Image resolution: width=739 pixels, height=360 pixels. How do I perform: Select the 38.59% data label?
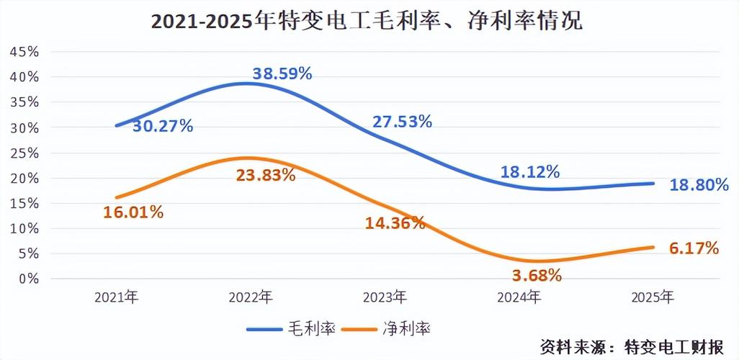(282, 73)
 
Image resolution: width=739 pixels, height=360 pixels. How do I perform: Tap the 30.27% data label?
(163, 127)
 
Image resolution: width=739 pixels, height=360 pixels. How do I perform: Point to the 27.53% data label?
(402, 122)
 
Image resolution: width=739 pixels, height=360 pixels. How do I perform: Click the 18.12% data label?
(529, 172)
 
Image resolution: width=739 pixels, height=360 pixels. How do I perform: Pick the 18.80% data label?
(699, 185)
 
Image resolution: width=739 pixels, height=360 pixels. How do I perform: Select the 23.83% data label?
(265, 175)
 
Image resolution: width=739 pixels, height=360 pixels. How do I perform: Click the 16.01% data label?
(133, 212)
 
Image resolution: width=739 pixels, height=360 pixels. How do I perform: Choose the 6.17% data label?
(694, 248)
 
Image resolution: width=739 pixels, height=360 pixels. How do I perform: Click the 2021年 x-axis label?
(117, 297)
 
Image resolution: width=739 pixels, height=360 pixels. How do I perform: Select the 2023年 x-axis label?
(385, 297)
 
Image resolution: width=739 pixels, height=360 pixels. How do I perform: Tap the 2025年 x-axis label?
(652, 297)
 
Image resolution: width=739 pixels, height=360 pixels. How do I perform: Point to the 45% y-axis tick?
(24, 52)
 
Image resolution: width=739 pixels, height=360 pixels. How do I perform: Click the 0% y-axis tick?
(28, 279)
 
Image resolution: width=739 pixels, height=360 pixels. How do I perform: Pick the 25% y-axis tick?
(24, 153)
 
